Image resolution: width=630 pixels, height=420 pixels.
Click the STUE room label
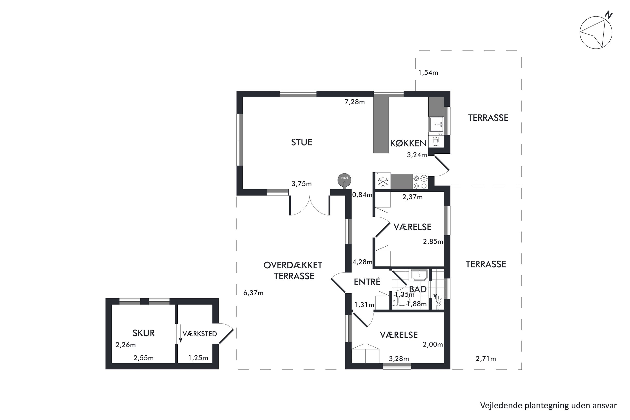pos(301,142)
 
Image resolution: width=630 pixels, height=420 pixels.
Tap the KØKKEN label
pos(408,143)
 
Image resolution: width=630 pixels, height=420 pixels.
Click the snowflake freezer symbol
pos(383,181)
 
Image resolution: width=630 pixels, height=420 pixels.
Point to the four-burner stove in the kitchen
pos(420,182)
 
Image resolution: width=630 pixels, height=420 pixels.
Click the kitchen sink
pos(436,124)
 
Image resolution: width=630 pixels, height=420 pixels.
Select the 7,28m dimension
pos(354,102)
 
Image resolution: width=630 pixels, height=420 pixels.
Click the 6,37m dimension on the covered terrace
pos(253,293)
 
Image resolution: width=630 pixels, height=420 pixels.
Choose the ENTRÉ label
pos(367,282)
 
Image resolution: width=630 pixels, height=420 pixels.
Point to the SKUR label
pos(143,333)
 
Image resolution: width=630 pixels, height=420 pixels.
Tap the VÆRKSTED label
pos(200,334)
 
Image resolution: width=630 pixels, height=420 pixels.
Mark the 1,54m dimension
pos(428,73)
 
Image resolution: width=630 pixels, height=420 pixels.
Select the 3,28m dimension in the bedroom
pos(399,359)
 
